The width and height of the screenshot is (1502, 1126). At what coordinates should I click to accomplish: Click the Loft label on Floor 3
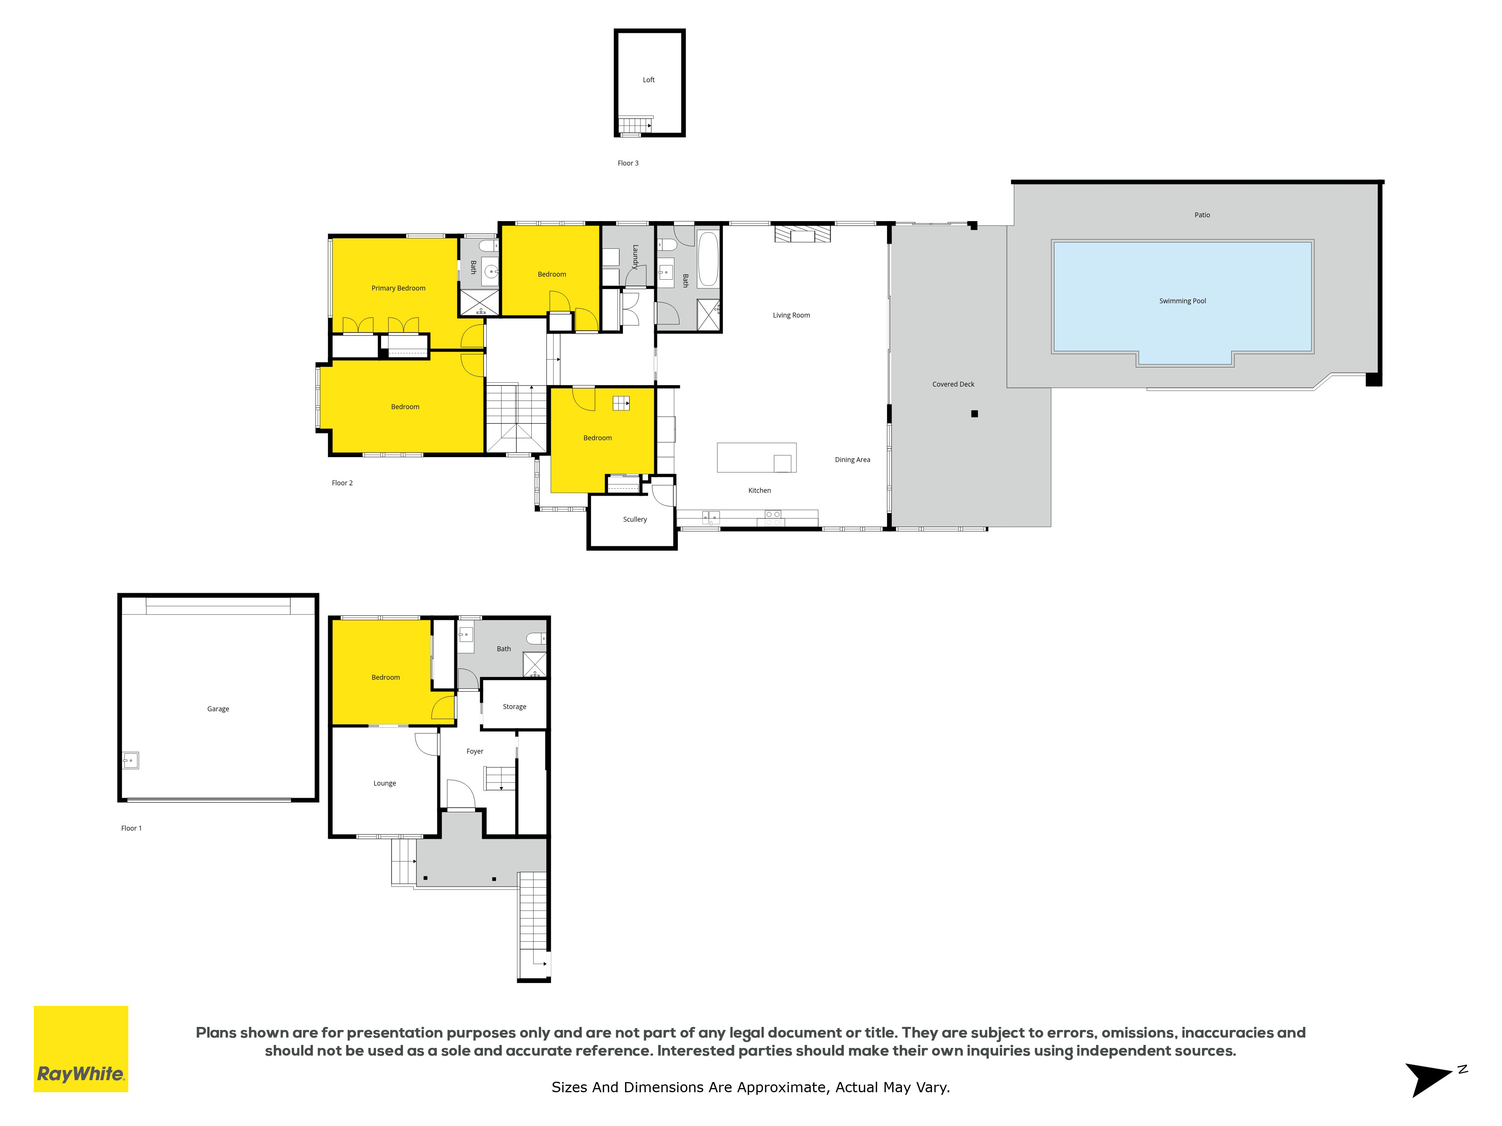click(648, 80)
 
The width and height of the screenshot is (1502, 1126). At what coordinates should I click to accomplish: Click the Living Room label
click(791, 315)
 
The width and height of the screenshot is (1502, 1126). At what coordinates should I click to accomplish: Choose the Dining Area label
click(852, 459)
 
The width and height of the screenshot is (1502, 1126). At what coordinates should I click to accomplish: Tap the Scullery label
click(635, 519)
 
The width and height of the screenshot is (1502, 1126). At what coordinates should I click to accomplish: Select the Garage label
click(218, 709)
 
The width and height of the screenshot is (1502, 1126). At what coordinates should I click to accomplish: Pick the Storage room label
click(514, 706)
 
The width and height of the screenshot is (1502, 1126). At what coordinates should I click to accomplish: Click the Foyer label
click(475, 751)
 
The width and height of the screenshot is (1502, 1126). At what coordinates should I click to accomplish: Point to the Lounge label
click(385, 783)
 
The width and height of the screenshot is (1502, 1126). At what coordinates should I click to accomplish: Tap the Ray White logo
click(81, 1049)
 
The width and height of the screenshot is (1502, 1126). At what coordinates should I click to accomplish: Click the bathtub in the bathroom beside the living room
click(707, 259)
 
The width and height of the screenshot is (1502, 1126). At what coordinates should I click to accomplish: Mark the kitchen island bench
click(756, 458)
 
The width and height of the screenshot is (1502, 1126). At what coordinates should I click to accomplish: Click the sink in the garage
click(130, 760)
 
